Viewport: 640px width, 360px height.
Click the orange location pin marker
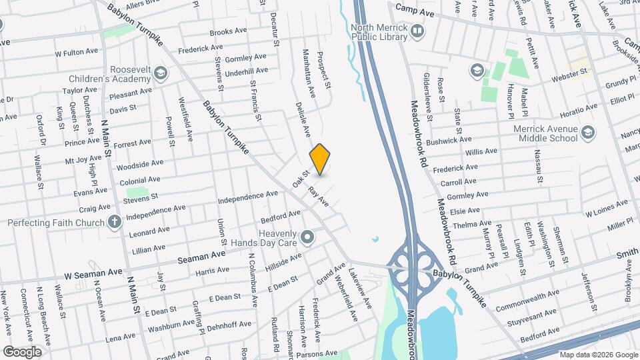(x=320, y=159)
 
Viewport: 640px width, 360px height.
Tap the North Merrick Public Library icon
(x=417, y=31)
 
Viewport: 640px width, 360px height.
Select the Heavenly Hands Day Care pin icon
(x=307, y=236)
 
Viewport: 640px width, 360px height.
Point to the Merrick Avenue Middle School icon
(x=588, y=132)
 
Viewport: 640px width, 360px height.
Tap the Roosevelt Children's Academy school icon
(x=160, y=72)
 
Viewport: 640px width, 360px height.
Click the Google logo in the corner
(x=22, y=351)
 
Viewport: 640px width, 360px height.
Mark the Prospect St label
(x=324, y=70)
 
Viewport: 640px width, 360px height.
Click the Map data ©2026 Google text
(x=597, y=355)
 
